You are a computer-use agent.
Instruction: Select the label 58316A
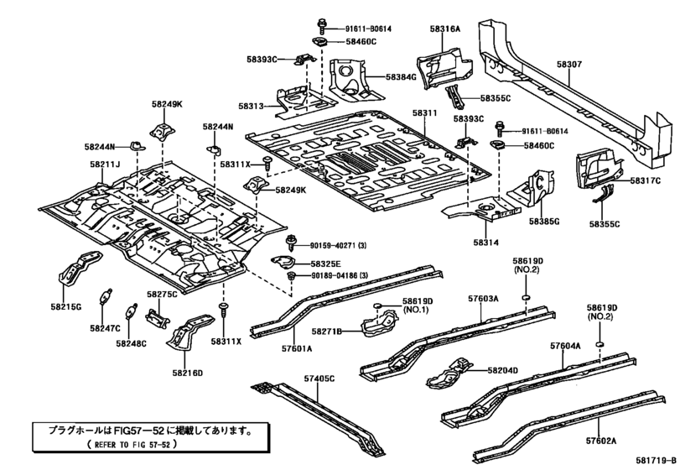445,29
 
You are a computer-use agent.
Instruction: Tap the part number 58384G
401,77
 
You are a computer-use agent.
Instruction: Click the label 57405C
318,379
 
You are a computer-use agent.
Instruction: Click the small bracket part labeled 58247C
105,297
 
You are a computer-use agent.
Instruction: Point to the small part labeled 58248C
132,311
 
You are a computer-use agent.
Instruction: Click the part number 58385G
543,221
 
